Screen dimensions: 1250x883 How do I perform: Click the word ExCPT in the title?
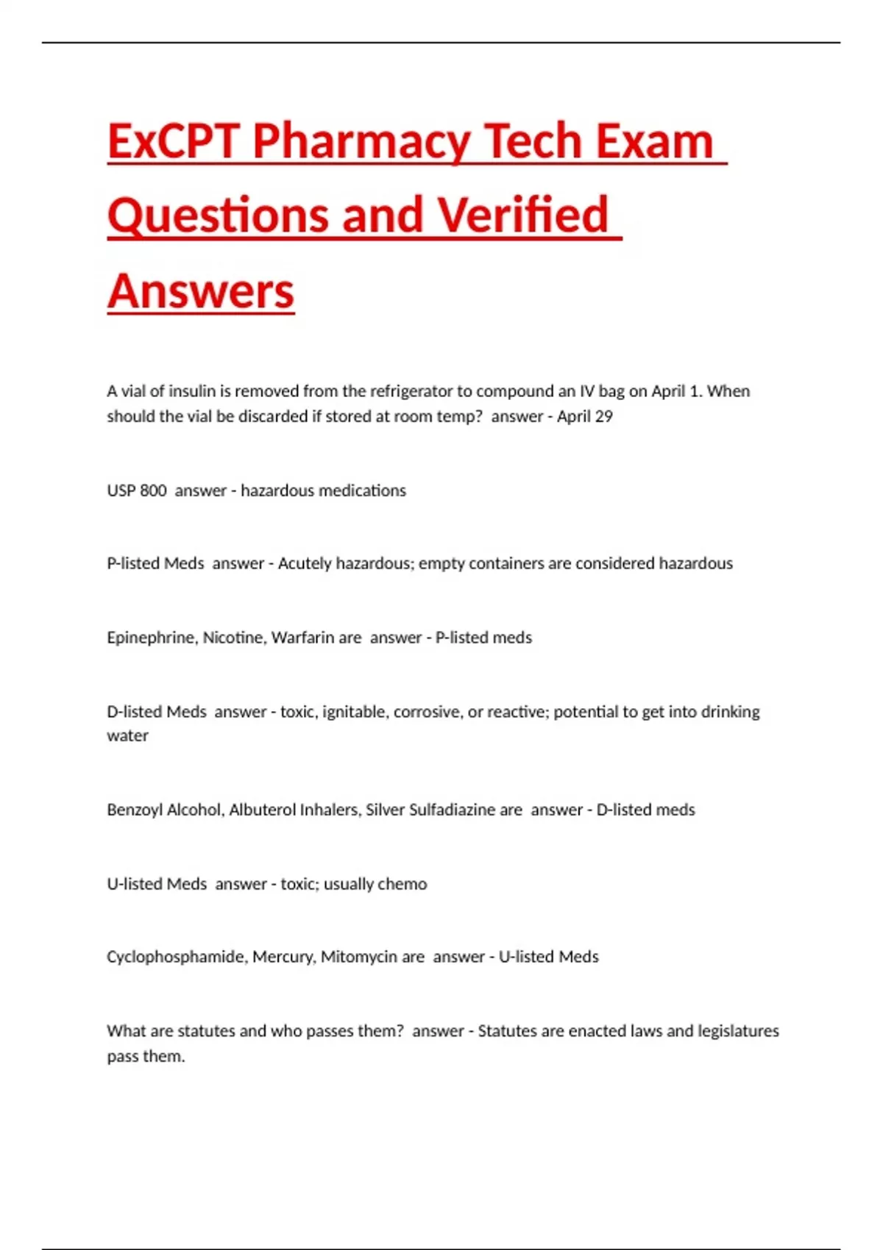tap(174, 141)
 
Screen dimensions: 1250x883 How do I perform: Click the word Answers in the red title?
tap(201, 291)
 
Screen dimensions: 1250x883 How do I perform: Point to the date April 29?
tap(584, 417)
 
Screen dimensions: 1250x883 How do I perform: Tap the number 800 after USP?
tap(153, 490)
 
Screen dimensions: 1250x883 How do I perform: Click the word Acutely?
tap(304, 563)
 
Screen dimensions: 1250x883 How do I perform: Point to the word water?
tap(127, 736)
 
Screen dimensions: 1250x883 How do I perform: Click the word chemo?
tap(402, 884)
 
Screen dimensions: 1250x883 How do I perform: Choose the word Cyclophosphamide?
tap(177, 957)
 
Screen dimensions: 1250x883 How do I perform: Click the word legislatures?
tap(738, 1031)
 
